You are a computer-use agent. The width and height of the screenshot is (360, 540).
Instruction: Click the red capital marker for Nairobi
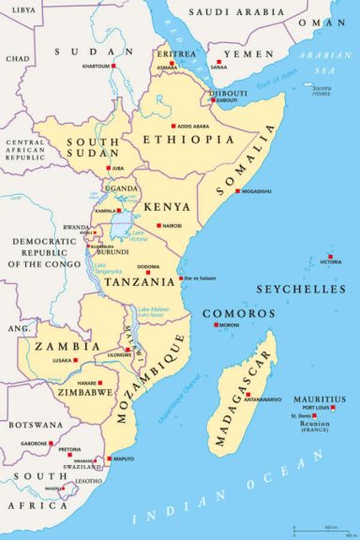coord(159,225)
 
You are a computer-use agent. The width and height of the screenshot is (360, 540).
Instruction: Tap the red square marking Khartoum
coord(114,67)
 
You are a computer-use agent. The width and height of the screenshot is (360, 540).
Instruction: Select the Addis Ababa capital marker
coord(172,125)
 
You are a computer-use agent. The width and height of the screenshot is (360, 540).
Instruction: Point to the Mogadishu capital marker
coord(237,190)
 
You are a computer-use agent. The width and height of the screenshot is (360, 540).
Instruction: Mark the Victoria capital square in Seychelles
coord(329,258)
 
